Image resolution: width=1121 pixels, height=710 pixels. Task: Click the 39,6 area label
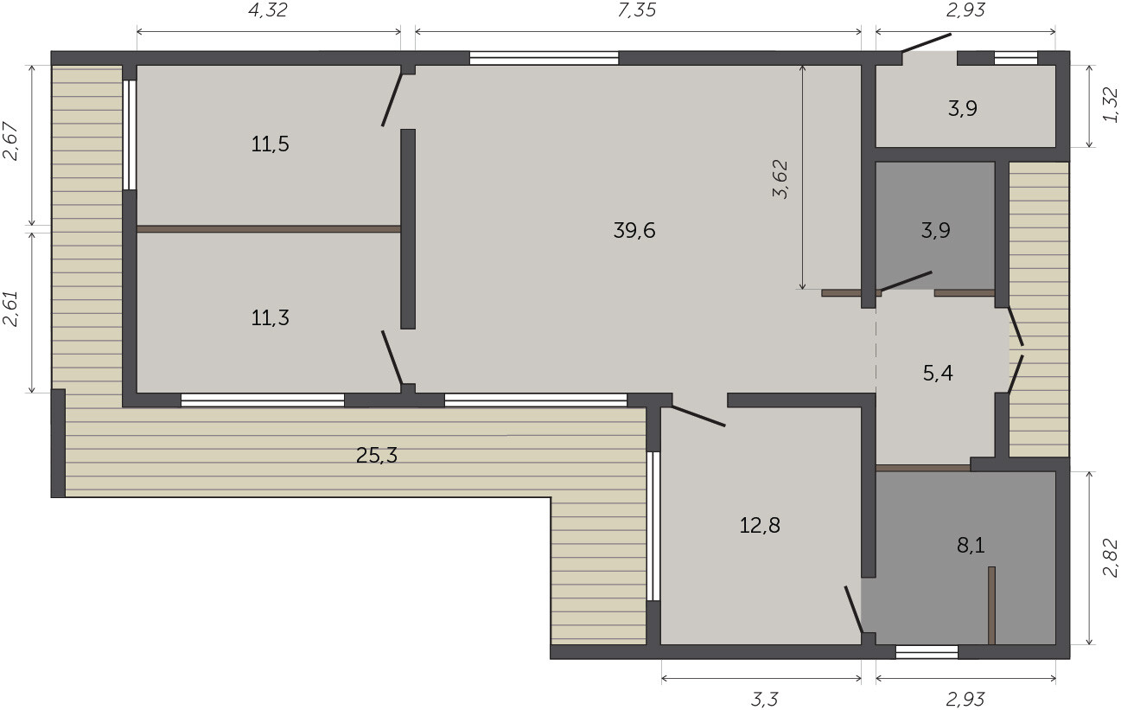point(634,231)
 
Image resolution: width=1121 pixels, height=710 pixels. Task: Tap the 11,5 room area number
point(270,144)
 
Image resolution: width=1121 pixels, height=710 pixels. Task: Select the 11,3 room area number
point(270,318)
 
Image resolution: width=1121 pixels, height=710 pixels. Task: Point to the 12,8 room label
point(759,526)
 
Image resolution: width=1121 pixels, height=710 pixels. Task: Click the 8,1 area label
point(971,546)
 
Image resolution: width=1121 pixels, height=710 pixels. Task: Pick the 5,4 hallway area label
point(938,374)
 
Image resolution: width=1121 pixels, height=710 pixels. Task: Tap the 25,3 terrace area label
point(376,456)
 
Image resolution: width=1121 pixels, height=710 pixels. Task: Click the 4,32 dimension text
point(268,10)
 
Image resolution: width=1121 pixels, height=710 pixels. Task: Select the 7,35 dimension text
point(637,10)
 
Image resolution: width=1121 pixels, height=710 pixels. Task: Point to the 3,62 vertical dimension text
point(780,179)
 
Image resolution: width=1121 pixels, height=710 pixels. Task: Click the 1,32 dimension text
point(1110,106)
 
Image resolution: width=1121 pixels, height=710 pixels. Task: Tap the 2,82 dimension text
point(1110,558)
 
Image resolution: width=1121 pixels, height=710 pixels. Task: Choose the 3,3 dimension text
point(764,699)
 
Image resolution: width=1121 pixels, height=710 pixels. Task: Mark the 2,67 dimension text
point(11,141)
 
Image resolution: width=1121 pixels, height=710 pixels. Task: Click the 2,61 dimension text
point(11,309)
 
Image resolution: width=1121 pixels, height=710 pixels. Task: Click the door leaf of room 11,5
point(392,100)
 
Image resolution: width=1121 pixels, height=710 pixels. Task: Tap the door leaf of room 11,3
point(392,357)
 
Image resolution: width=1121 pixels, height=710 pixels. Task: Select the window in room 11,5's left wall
point(129,135)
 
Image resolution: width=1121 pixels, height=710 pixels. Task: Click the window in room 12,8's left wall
point(653,527)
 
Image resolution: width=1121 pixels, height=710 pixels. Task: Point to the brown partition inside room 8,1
point(991,605)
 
